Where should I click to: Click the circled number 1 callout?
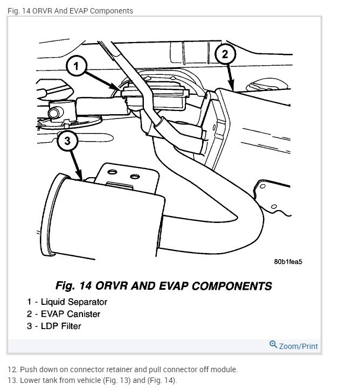point(77,67)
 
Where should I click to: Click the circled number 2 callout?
point(225,54)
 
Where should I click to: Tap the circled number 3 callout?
point(67,141)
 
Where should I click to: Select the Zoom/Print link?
point(298,346)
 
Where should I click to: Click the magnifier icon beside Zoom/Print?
point(273,345)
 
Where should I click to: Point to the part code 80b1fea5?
point(288,262)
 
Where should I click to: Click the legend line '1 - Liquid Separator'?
point(67,302)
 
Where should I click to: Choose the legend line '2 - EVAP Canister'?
point(64,314)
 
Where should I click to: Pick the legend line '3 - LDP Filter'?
point(54,326)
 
